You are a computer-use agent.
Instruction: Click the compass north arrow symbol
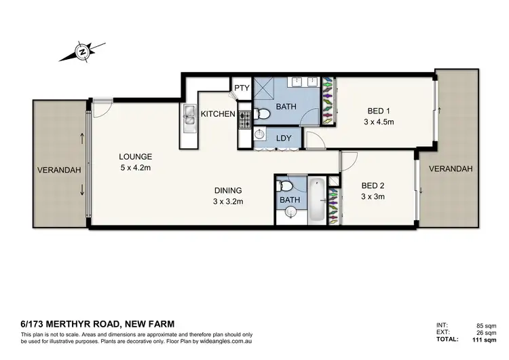tap(82, 51)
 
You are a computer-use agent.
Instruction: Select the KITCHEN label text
tap(217, 114)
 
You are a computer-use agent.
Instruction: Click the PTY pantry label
tap(242, 88)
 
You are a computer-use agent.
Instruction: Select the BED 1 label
tap(377, 111)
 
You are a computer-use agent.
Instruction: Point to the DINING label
tap(227, 191)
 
